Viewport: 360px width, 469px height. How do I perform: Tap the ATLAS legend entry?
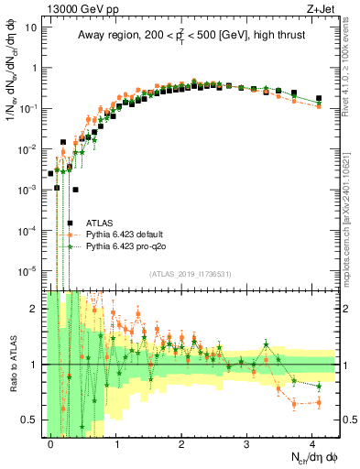click(100, 223)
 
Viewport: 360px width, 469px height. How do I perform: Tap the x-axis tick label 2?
click(181, 442)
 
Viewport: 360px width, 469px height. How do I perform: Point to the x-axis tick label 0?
click(50, 442)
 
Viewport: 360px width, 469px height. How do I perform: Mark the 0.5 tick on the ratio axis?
click(33, 420)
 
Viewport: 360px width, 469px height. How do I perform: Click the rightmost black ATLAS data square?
click(319, 98)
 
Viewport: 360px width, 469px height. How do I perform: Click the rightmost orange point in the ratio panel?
click(319, 401)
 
